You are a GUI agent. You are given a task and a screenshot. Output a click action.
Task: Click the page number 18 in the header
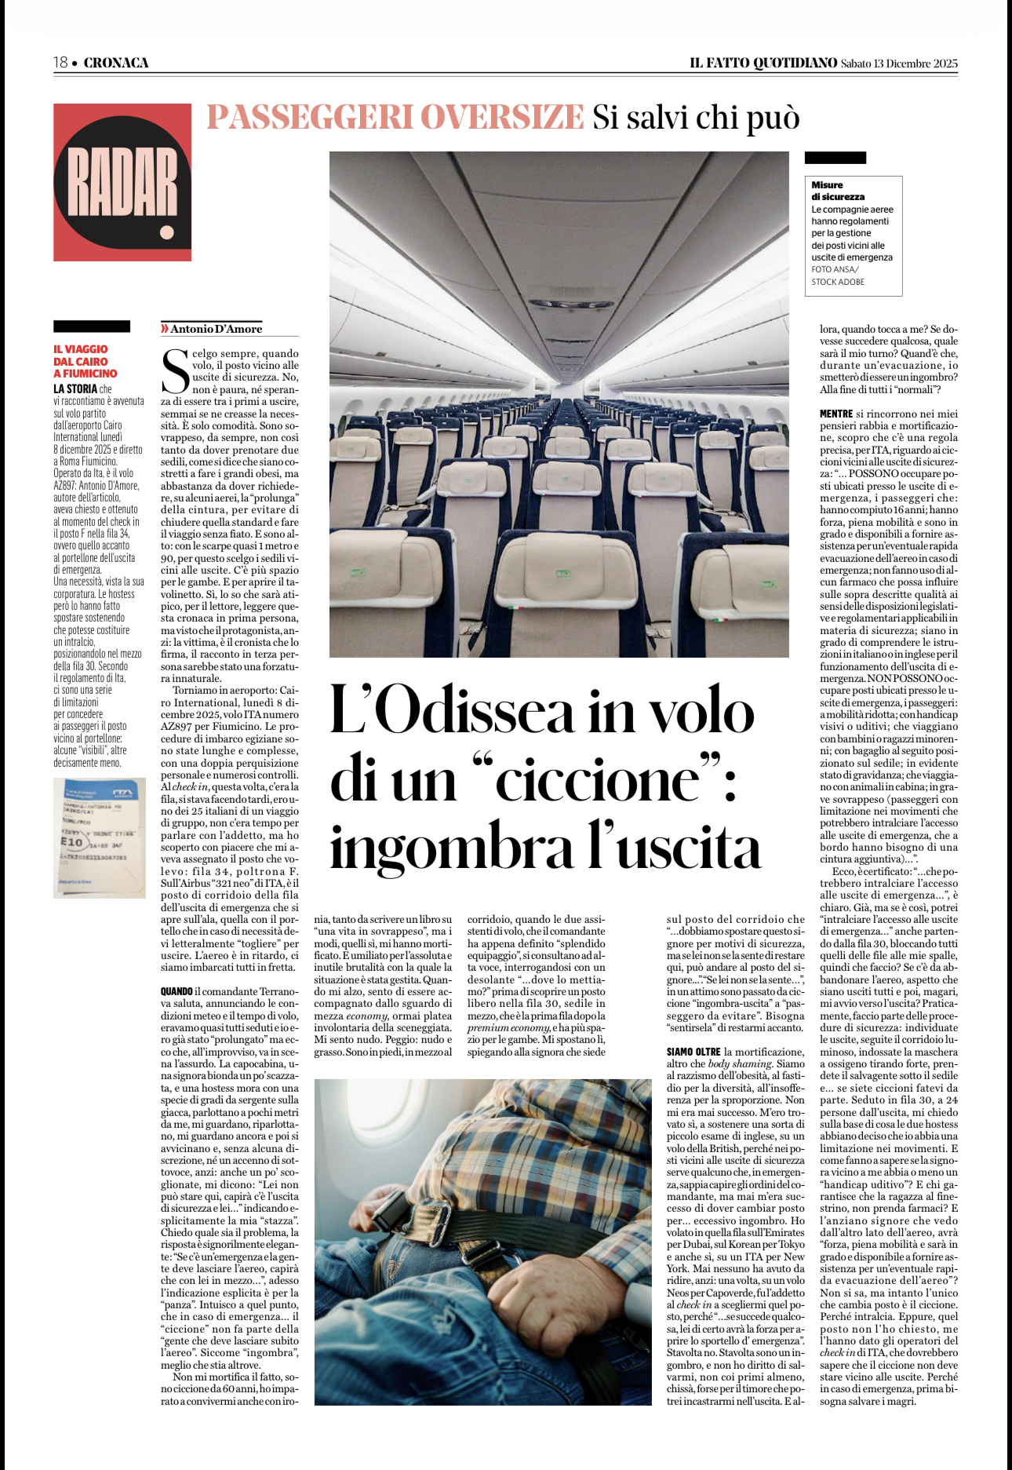(x=60, y=63)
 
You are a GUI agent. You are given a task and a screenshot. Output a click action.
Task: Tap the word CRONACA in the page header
(x=116, y=63)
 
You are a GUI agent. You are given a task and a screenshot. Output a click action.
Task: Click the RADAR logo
(x=122, y=182)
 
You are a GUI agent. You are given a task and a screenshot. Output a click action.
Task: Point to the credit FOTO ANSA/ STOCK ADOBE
(x=838, y=275)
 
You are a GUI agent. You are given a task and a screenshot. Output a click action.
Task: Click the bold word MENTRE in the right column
(x=836, y=414)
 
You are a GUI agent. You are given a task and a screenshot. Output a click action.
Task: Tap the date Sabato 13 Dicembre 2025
(x=899, y=64)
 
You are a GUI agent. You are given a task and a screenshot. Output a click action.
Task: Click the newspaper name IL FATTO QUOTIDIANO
(x=763, y=63)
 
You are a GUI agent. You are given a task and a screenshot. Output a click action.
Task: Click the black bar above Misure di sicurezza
(x=835, y=158)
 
